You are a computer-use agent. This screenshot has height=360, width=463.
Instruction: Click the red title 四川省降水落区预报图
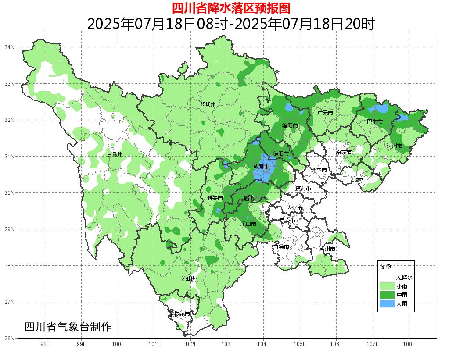pos(231,8)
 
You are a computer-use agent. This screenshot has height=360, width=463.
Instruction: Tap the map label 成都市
pos(262,167)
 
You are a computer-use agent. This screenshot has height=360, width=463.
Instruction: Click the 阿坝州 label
pos(208,104)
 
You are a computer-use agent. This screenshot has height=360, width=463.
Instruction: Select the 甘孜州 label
pos(115,155)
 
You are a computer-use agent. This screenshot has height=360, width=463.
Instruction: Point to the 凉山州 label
pos(190,279)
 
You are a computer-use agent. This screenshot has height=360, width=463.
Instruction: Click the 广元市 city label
pos(325,113)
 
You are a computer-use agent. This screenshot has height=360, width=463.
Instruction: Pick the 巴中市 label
pos(374,122)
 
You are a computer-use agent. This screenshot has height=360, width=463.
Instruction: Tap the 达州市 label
pos(395,146)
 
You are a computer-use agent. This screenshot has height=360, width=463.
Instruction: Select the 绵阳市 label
pos(290,126)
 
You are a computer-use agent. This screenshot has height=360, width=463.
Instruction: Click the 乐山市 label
pos(248,224)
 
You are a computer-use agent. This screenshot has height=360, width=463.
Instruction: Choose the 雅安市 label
pos(215,199)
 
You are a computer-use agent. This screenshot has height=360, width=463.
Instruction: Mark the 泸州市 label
pos(327,249)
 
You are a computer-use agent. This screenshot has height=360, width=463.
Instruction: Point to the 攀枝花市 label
pos(179,314)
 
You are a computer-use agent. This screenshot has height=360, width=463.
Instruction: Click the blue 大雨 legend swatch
pos(387,303)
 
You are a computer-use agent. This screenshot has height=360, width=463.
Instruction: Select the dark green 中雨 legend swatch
pos(387,295)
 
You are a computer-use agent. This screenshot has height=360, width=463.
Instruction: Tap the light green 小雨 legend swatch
pos(387,286)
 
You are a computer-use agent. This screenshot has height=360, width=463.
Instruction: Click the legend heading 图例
pos(386,267)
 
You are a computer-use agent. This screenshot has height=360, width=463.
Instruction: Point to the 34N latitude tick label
pos(10,47)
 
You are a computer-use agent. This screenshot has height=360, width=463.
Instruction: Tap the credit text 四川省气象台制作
pos(68,327)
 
